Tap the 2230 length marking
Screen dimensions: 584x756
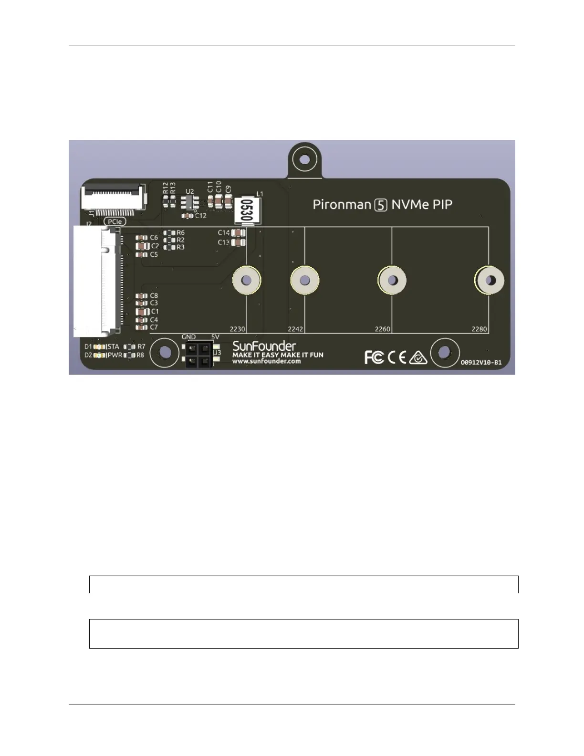tap(237, 329)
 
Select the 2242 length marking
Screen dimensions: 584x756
tap(295, 329)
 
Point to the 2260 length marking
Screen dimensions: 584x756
tap(382, 329)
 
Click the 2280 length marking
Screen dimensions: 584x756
tap(479, 329)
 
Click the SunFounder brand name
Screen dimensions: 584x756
tap(264, 346)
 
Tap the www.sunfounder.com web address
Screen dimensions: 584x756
tap(266, 361)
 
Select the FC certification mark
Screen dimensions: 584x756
tap(374, 357)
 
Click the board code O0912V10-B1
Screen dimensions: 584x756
tap(481, 362)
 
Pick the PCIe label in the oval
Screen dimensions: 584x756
tap(115, 221)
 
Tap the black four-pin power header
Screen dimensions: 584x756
tap(198, 355)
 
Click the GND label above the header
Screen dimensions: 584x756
tap(188, 337)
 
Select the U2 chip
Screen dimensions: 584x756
tap(189, 202)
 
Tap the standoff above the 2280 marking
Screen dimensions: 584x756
tap(490, 281)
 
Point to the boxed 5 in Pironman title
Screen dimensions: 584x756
tap(381, 205)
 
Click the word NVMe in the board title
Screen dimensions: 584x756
tap(410, 205)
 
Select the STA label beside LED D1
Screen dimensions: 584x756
tap(113, 347)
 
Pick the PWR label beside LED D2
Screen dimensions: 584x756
tap(115, 355)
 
